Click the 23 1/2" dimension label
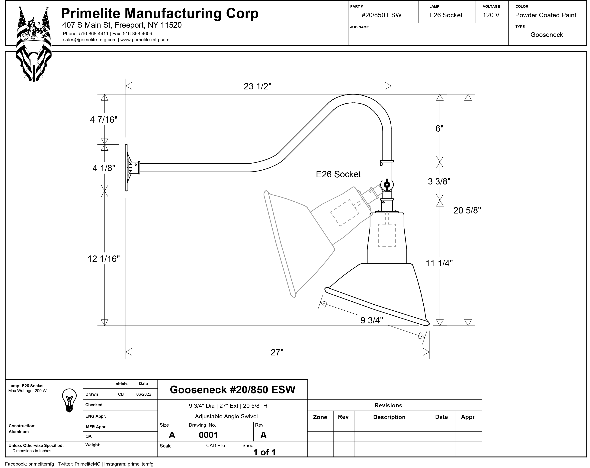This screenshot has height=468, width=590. (258, 86)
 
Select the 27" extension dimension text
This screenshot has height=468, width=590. (277, 352)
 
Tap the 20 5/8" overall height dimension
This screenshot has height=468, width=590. (467, 210)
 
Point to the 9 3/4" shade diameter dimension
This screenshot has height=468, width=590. (372, 320)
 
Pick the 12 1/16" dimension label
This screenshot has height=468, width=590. (104, 259)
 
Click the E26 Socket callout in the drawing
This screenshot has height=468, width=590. (338, 174)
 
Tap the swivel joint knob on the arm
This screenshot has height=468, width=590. (387, 185)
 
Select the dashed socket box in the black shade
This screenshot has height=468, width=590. (387, 235)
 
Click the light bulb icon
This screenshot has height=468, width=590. (69, 400)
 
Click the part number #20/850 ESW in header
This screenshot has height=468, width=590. (381, 15)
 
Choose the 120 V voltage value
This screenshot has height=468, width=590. (491, 15)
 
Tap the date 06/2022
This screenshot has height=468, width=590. (144, 394)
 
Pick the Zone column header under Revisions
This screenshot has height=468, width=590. (320, 417)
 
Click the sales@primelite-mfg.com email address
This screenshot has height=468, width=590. (90, 40)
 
